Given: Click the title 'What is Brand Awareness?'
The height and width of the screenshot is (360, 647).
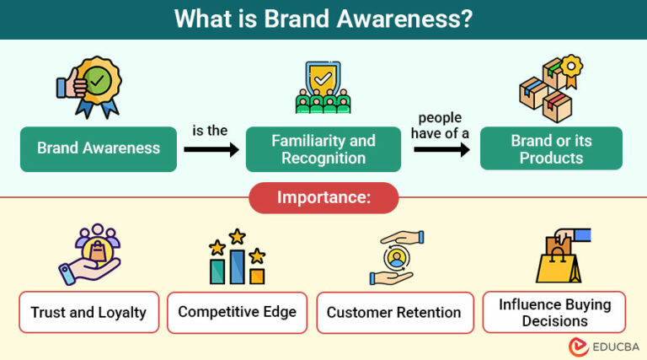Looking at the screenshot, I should click(x=323, y=19).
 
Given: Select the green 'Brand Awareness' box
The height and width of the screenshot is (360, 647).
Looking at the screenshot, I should click(x=99, y=148).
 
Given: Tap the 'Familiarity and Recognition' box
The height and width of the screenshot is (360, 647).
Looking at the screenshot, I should click(x=324, y=148).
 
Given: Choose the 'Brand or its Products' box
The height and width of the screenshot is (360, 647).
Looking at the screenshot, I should click(x=551, y=148).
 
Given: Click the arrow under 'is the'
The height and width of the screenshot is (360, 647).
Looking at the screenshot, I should click(x=211, y=150).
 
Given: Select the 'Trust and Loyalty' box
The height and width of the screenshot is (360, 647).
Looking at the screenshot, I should click(x=88, y=312).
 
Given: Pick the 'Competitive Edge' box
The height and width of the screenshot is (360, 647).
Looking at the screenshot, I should click(x=237, y=312).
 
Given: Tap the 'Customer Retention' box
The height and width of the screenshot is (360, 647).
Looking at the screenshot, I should click(x=393, y=312).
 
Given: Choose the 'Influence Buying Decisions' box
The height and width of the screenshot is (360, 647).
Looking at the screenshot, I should click(x=553, y=312).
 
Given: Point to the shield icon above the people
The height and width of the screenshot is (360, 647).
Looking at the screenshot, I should click(x=323, y=78).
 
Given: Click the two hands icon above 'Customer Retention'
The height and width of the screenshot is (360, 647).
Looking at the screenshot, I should click(x=392, y=256).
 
